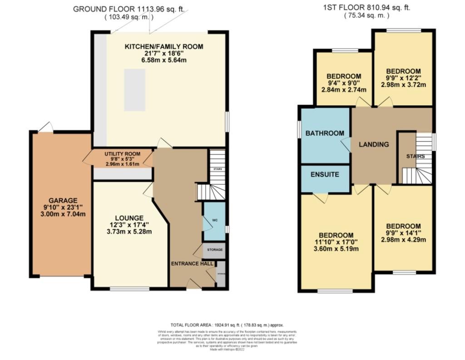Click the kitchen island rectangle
135,89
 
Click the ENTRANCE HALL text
190,263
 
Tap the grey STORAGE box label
215,250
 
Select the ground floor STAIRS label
218,169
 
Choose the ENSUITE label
325,174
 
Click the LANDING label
374,144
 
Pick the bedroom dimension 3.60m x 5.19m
336,249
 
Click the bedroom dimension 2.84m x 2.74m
344,90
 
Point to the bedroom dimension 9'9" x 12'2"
403,79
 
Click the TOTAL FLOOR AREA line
227,325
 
